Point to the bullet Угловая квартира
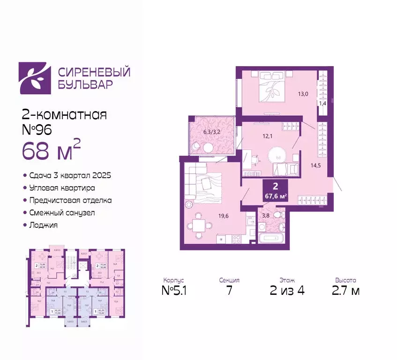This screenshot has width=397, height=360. (61, 187)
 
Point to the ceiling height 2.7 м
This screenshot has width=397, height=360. (345, 291)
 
